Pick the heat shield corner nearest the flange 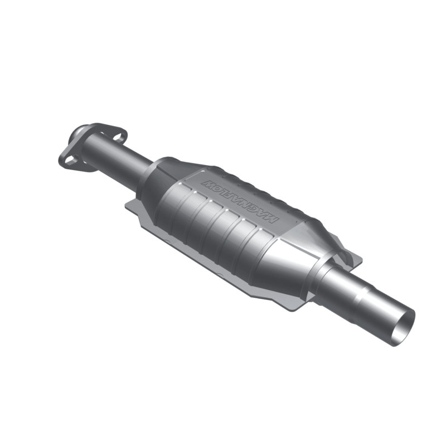pyautogui.click(x=129, y=205)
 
